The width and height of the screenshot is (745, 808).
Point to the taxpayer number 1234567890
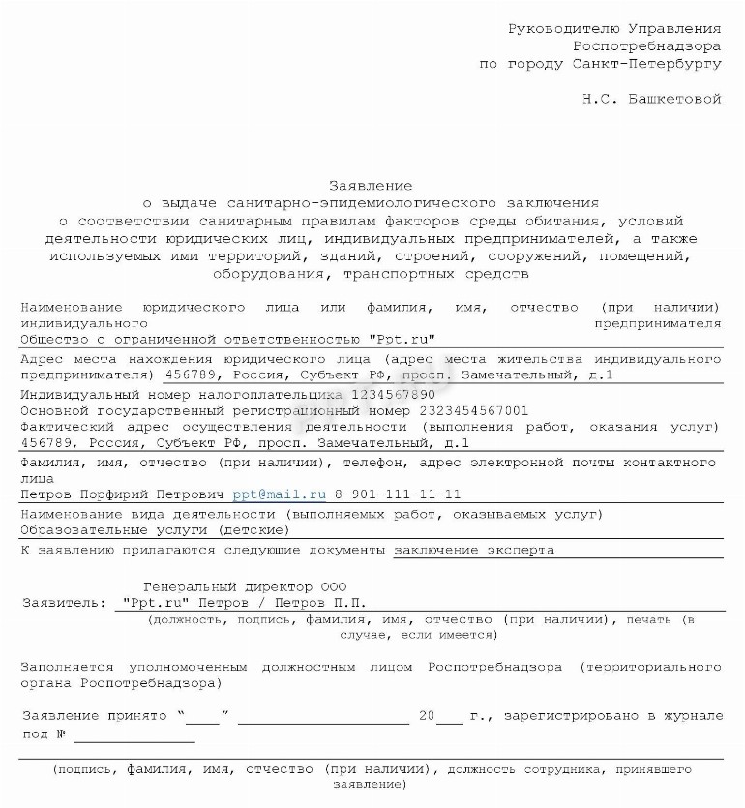pyautogui.click(x=394, y=395)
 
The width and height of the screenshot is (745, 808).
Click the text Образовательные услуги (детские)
pyautogui.click(x=155, y=530)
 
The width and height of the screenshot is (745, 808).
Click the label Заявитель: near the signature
pyautogui.click(x=64, y=602)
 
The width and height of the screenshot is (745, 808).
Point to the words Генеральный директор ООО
pyautogui.click(x=244, y=586)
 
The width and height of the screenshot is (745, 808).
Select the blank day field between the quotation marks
pyautogui.click(x=203, y=717)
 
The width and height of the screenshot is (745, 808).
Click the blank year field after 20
pyautogui.click(x=450, y=717)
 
